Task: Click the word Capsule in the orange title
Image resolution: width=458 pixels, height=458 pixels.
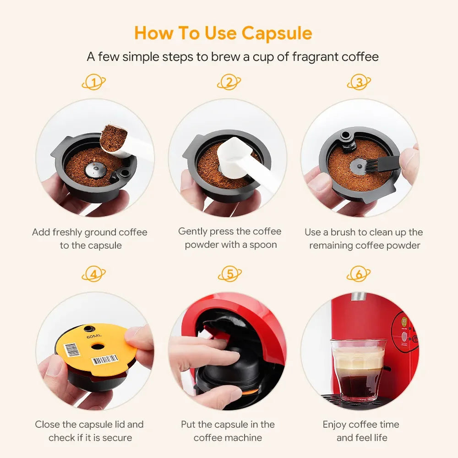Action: [277, 33]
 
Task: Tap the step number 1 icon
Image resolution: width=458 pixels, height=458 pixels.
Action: [94, 82]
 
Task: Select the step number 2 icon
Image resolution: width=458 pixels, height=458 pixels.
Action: [229, 82]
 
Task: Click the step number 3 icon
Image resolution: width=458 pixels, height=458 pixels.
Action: [359, 82]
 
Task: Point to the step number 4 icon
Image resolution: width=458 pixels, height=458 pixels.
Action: [94, 274]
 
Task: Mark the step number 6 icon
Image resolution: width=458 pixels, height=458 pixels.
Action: [359, 274]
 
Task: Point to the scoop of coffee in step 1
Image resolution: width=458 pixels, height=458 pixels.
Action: [114, 138]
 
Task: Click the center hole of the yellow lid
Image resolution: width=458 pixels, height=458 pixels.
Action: [97, 347]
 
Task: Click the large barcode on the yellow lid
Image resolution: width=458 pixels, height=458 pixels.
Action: [105, 360]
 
